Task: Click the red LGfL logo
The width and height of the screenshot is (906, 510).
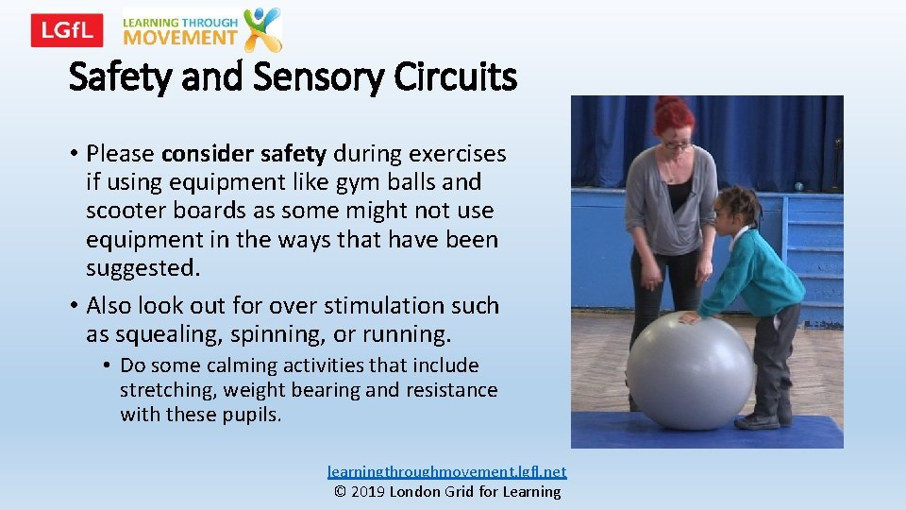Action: tap(66, 30)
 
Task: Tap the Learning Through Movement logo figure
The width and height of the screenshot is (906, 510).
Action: tap(262, 28)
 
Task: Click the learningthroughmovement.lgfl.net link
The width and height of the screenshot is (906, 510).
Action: tap(446, 471)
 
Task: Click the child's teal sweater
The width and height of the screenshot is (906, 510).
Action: tap(755, 274)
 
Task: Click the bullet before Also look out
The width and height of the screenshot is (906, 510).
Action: tap(73, 306)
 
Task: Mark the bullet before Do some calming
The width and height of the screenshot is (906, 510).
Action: tap(109, 365)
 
